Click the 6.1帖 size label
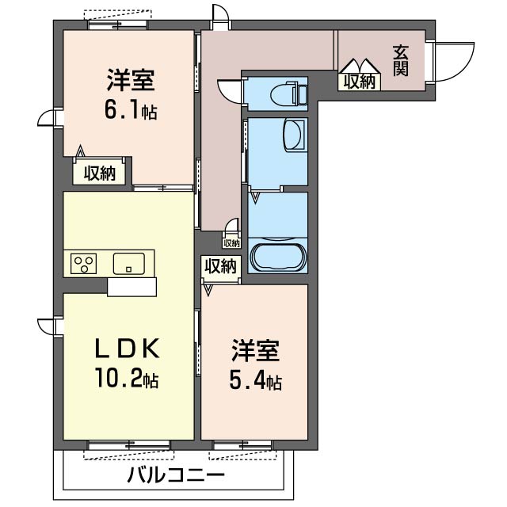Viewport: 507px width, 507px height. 131,111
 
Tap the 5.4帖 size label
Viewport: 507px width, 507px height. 256,382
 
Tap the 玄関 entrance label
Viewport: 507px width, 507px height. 400,61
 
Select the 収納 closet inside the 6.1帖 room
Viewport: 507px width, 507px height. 101,173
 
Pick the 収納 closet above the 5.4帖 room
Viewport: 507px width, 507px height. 219,266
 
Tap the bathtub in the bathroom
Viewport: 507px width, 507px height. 276,257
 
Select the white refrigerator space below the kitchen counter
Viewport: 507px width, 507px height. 132,286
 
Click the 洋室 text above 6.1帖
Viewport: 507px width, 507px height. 131,80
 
